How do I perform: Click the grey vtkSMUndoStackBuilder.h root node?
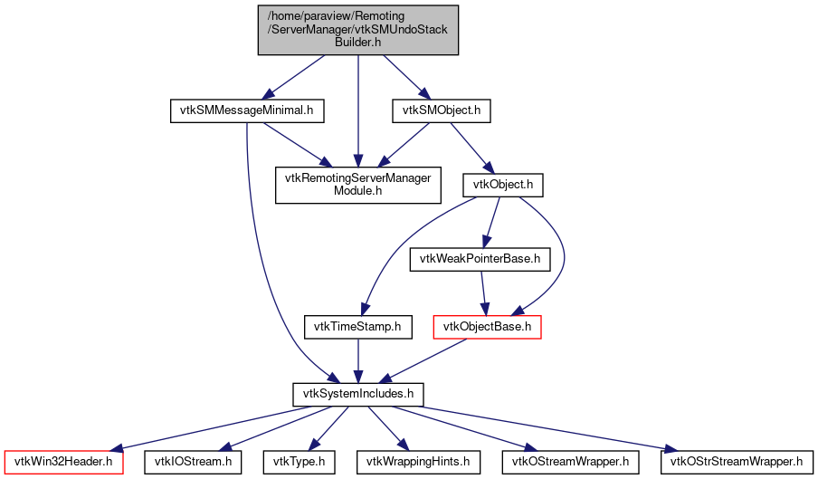click(x=358, y=31)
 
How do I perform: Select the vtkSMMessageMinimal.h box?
click(x=247, y=110)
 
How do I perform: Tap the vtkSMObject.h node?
click(x=441, y=110)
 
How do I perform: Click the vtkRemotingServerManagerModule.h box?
click(x=359, y=185)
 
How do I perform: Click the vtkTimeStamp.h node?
click(x=357, y=326)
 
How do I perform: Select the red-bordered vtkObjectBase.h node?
click(x=488, y=326)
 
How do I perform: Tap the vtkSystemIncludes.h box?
click(x=358, y=394)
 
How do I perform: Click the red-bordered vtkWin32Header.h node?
click(x=63, y=462)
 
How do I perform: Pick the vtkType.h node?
click(x=299, y=462)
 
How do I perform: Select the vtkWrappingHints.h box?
click(x=417, y=462)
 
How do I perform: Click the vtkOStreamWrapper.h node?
click(x=574, y=462)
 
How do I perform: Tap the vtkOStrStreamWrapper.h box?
click(x=732, y=462)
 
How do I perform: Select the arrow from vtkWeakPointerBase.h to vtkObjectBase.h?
click(x=484, y=292)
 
